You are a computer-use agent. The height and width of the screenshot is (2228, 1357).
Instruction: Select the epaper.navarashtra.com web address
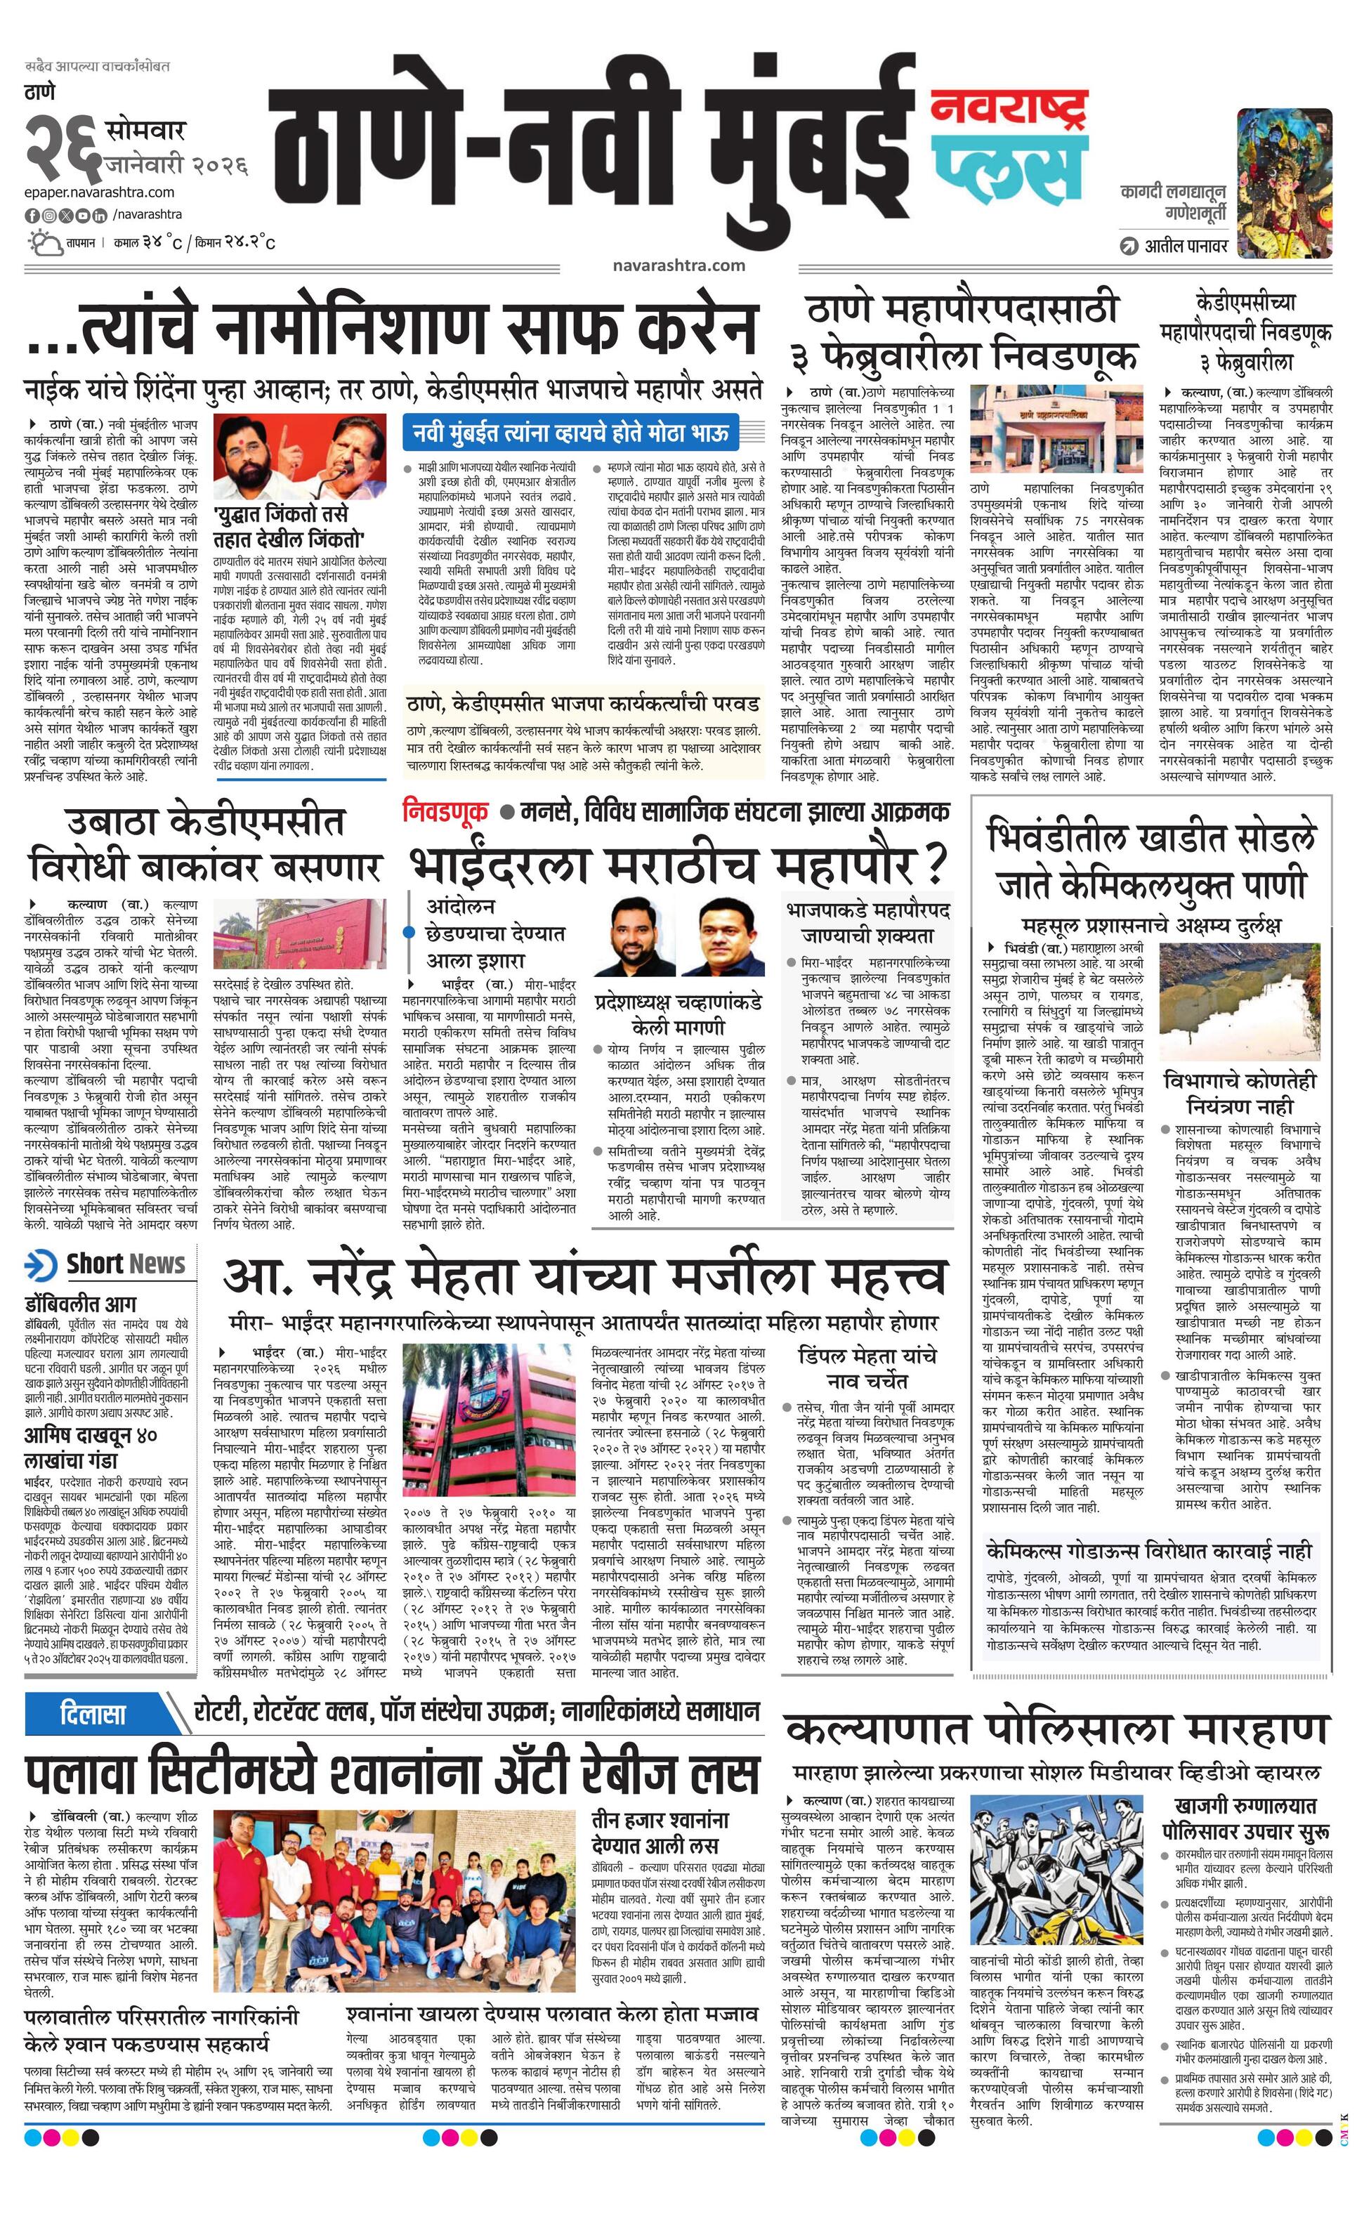pyautogui.click(x=100, y=192)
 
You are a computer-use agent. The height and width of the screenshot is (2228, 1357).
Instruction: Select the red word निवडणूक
pyautogui.click(x=445, y=811)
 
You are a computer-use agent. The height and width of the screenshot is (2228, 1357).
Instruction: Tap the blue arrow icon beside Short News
pyautogui.click(x=41, y=1264)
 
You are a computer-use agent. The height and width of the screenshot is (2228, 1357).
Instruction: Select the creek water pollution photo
pyautogui.click(x=1243, y=1000)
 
